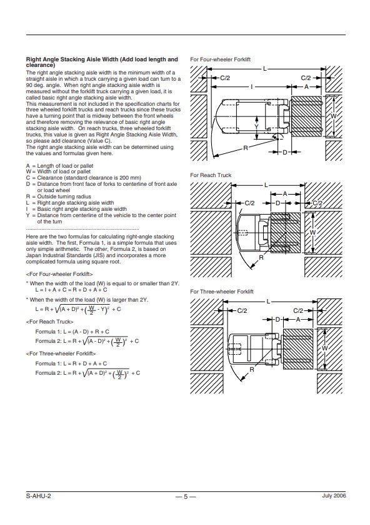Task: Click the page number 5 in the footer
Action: click(x=186, y=497)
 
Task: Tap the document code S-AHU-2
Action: click(x=39, y=496)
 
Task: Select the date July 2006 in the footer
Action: click(x=334, y=496)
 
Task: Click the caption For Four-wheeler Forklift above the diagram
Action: click(x=220, y=59)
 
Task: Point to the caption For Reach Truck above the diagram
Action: click(x=211, y=175)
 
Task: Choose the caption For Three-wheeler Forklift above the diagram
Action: click(x=222, y=292)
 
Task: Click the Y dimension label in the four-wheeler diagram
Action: click(x=256, y=126)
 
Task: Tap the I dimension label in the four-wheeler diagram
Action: click(x=252, y=87)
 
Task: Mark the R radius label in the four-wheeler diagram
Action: click(x=246, y=148)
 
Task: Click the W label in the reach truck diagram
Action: click(x=312, y=233)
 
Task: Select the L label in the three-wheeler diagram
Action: click(x=268, y=302)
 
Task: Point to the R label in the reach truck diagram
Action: click(x=261, y=257)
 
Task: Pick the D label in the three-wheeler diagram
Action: click(x=277, y=319)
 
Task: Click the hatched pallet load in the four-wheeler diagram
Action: click(x=306, y=116)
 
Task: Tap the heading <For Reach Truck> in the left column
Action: click(x=49, y=322)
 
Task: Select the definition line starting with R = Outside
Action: click(x=59, y=196)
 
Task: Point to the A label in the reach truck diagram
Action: click(x=285, y=194)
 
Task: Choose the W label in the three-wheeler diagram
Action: click(x=324, y=349)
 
